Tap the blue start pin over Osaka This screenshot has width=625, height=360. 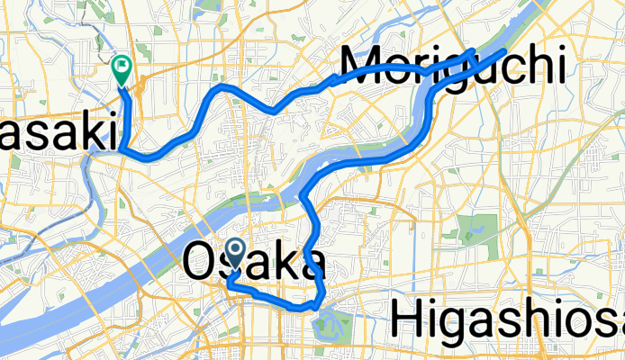click(236, 251)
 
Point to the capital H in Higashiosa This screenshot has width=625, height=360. click(408, 322)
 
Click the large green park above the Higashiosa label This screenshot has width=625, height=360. click(471, 230)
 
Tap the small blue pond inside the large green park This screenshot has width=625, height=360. click(468, 237)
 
